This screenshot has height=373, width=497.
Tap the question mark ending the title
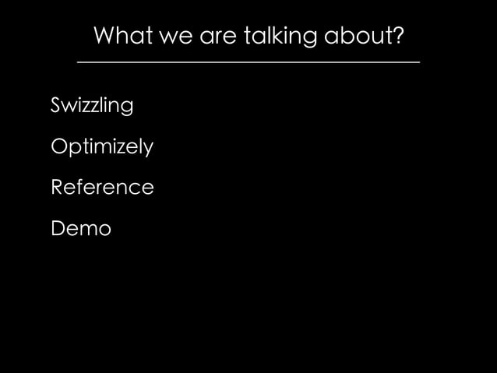click(x=398, y=36)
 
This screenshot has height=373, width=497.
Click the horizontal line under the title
click(x=248, y=62)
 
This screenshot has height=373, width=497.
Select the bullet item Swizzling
click(x=91, y=105)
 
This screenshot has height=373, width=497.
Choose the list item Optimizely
click(x=101, y=146)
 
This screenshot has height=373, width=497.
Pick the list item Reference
click(x=101, y=188)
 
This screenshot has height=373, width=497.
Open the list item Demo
click(x=80, y=229)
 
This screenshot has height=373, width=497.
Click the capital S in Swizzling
click(x=55, y=104)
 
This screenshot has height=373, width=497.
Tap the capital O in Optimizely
click(x=58, y=146)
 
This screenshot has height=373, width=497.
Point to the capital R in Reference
click(x=56, y=188)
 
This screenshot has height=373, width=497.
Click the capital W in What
click(x=104, y=36)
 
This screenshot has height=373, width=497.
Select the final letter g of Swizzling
click(x=127, y=107)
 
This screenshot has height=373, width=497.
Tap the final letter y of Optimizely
click(x=148, y=149)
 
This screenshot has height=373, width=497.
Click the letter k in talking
click(x=284, y=36)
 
